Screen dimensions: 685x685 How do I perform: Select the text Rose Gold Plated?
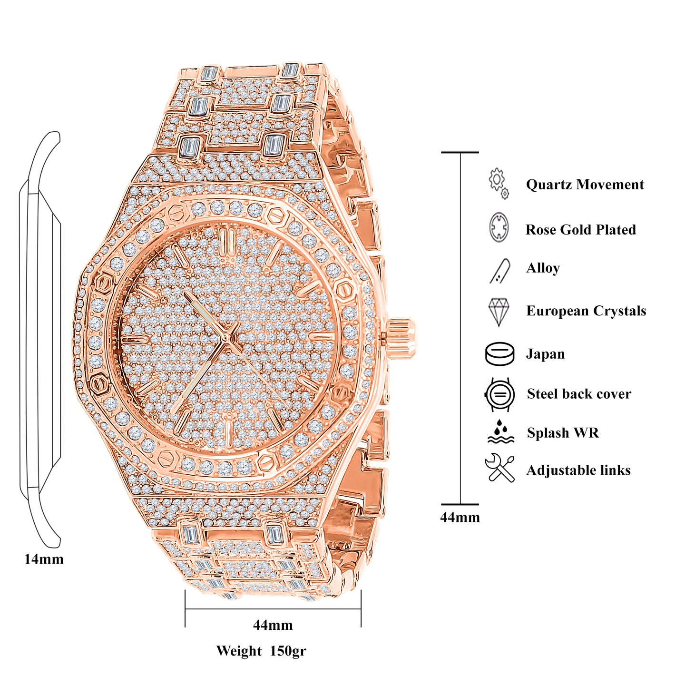click(580, 230)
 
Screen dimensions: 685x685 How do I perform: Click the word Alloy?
click(543, 268)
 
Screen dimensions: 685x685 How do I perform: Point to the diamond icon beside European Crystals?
click(499, 312)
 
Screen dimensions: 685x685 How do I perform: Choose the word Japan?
click(545, 354)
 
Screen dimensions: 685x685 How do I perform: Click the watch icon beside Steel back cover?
click(499, 394)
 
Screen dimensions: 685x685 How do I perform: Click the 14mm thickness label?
click(44, 559)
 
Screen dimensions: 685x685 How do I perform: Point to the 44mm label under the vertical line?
click(460, 517)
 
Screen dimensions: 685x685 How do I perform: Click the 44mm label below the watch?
click(273, 625)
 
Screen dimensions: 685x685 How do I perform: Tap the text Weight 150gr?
click(261, 651)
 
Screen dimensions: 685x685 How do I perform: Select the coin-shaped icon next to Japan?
click(499, 354)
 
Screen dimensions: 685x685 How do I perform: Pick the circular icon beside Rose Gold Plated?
click(499, 227)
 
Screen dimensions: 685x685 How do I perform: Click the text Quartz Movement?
click(585, 185)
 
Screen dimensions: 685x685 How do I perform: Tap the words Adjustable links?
click(578, 470)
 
